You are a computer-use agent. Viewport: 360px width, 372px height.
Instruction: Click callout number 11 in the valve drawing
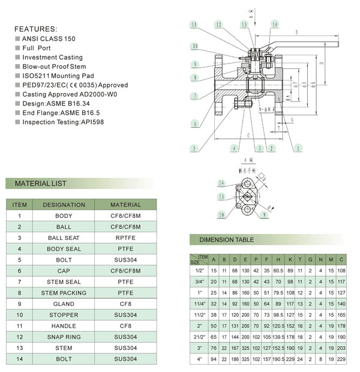coord(194,25)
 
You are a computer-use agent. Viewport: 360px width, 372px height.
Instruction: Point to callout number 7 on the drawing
coord(194,96)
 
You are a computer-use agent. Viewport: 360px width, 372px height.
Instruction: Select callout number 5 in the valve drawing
coord(194,148)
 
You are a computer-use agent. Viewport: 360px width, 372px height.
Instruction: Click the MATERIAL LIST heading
coord(41,184)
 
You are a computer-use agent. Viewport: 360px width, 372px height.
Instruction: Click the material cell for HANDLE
coord(125,326)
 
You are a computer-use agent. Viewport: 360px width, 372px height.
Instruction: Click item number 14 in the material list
coord(19,359)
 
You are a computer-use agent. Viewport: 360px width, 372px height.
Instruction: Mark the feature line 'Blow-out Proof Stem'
coord(54,67)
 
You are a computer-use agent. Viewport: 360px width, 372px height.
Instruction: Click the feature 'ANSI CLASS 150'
coord(49,38)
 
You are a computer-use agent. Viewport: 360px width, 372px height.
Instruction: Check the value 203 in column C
coord(341,348)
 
